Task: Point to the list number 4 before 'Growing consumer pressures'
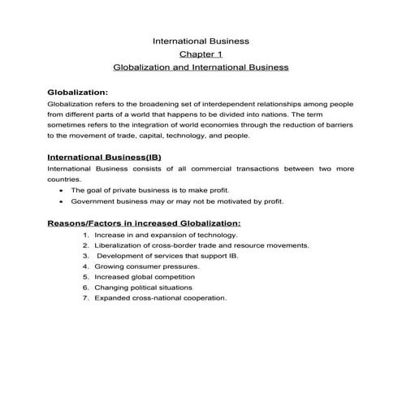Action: pyautogui.click(x=85, y=266)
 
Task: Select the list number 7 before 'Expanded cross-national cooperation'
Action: pyautogui.click(x=85, y=297)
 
